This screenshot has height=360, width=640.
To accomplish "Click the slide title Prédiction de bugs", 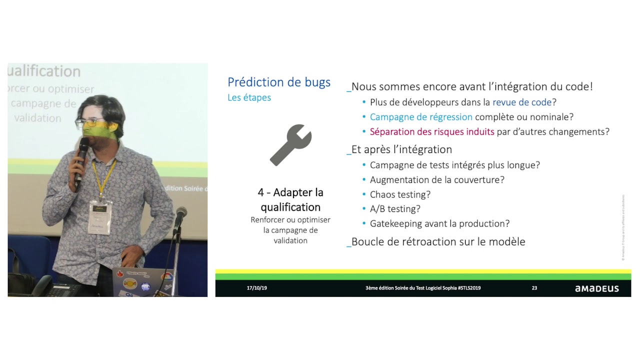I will pos(278,82).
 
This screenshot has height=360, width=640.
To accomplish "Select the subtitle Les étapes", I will pos(249,97).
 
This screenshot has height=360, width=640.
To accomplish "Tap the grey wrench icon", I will pos(290,145).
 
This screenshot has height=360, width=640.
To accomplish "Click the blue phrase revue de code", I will pos(521,102).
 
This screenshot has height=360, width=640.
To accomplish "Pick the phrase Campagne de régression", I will pos(421,117).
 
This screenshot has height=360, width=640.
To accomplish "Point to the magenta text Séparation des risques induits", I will pos(431,132).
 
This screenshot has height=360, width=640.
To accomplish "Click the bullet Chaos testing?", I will pos(400,194).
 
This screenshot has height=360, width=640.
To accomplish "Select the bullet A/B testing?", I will pos(395,209).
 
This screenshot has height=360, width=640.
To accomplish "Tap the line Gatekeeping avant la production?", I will pos(439,223).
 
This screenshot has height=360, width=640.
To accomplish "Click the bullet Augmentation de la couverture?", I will pos(437,179).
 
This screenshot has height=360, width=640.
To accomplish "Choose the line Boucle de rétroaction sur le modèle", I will pos(438,242).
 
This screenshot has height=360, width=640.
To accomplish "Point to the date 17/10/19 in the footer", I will pos(256,288).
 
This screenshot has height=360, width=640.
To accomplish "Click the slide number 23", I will pos(534,288).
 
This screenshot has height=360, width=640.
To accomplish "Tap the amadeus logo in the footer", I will pos(596,288).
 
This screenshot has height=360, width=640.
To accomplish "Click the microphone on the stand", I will pos(180,214).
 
